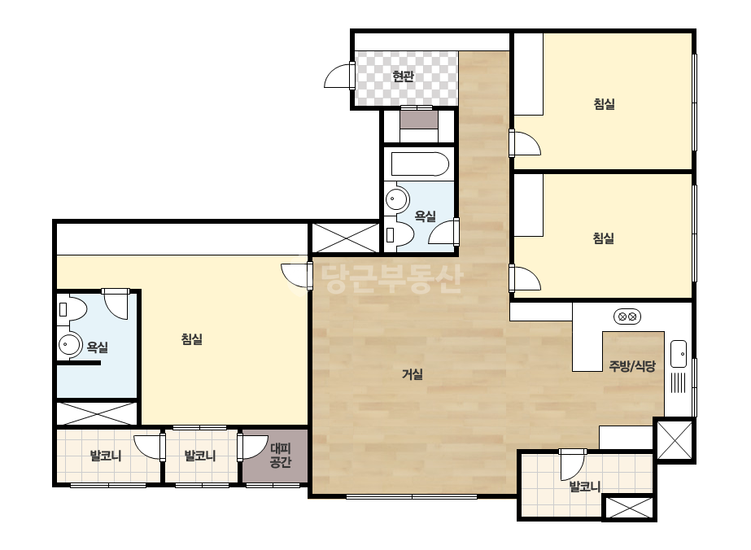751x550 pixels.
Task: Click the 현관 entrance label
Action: (x=403, y=76)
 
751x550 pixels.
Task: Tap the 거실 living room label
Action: (x=413, y=374)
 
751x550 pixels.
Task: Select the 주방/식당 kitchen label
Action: (x=632, y=366)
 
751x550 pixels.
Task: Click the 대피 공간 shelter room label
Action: (x=280, y=456)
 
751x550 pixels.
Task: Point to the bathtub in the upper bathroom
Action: (x=420, y=164)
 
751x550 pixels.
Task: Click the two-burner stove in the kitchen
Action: (x=627, y=316)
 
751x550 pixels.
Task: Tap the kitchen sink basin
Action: (x=679, y=354)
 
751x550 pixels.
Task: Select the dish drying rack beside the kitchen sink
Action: (x=679, y=382)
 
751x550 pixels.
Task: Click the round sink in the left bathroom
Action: (x=70, y=344)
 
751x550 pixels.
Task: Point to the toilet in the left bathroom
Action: (x=72, y=309)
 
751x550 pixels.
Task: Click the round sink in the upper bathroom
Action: (x=397, y=198)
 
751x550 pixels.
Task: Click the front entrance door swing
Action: (x=338, y=76)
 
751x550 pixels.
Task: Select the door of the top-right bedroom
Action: (x=526, y=142)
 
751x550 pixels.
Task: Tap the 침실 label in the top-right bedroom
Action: (x=604, y=104)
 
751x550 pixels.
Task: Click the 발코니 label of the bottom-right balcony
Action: (x=584, y=487)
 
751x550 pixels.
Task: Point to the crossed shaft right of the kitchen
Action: (x=675, y=440)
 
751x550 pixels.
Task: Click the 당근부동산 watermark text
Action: (x=392, y=278)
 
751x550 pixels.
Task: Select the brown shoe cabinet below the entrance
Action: (x=419, y=120)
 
